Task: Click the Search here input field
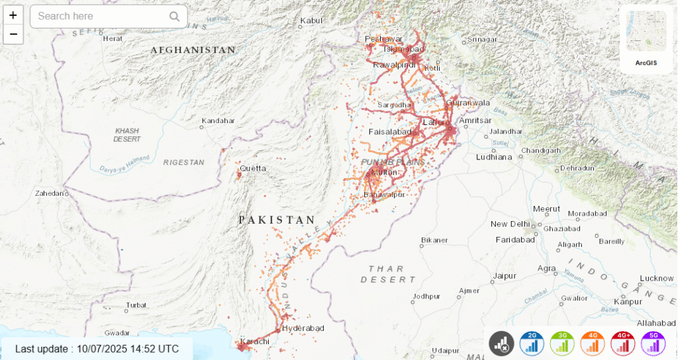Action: (99, 17)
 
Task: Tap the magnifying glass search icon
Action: (174, 17)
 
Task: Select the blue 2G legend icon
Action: (532, 343)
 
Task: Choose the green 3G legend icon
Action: (563, 343)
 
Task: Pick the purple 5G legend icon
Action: (654, 343)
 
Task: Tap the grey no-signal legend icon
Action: (502, 343)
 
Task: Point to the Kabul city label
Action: (311, 21)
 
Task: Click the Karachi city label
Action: (255, 341)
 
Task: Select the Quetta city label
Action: (253, 169)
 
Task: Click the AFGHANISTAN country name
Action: (193, 50)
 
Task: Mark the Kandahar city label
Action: (218, 121)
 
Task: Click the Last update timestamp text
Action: (97, 349)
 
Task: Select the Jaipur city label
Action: (505, 275)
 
